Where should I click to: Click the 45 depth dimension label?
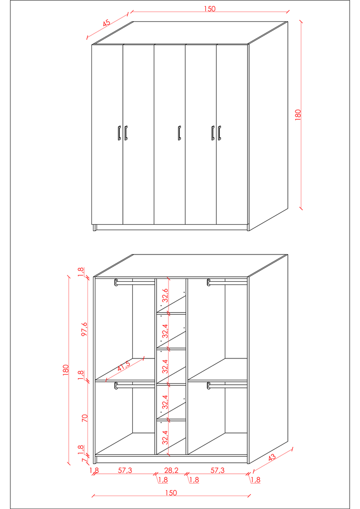pyautogui.click(x=106, y=23)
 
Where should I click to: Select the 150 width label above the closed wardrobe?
pyautogui.click(x=209, y=9)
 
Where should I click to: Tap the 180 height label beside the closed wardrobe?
pyautogui.click(x=298, y=115)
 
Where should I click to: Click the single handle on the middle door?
pyautogui.click(x=179, y=133)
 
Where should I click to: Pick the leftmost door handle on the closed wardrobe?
pyautogui.click(x=119, y=133)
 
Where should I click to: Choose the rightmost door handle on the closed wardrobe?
pyautogui.click(x=219, y=133)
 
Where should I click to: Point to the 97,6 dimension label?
pyautogui.click(x=85, y=329)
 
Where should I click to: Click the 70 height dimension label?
pyautogui.click(x=85, y=418)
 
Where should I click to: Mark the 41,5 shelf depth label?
pyautogui.click(x=123, y=366)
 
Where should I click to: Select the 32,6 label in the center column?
pyautogui.click(x=165, y=295)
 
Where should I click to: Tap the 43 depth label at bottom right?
pyautogui.click(x=271, y=457)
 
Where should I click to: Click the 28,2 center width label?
pyautogui.click(x=171, y=470)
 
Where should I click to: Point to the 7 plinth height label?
pyautogui.click(x=84, y=460)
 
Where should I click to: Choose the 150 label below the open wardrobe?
pyautogui.click(x=171, y=493)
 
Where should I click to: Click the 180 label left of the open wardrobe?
pyautogui.click(x=66, y=370)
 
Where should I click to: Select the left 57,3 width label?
pyautogui.click(x=125, y=470)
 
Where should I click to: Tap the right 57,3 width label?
pyautogui.click(x=217, y=470)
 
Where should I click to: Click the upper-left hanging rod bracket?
pyautogui.click(x=116, y=283)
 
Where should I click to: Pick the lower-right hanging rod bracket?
pyautogui.click(x=209, y=386)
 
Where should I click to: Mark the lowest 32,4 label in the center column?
pyautogui.click(x=165, y=437)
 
